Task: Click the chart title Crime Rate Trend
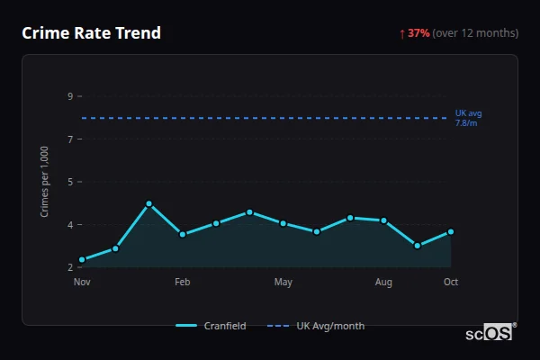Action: click(x=91, y=33)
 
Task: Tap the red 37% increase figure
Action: click(x=418, y=33)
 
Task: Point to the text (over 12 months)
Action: click(x=475, y=33)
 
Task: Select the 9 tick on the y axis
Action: click(x=69, y=96)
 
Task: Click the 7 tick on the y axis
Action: click(x=69, y=139)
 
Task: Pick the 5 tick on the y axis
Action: click(x=69, y=182)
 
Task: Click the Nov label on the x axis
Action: click(x=82, y=283)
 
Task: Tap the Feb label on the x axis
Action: click(x=183, y=283)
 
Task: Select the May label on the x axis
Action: click(x=283, y=283)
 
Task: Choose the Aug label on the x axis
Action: click(x=384, y=283)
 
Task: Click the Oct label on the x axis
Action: click(x=451, y=283)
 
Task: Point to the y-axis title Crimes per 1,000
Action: click(x=45, y=182)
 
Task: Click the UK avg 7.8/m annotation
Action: click(x=468, y=118)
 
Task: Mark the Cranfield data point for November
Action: click(x=82, y=260)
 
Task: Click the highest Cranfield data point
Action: click(x=149, y=204)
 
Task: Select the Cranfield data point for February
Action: click(x=183, y=234)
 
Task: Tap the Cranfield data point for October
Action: click(x=451, y=231)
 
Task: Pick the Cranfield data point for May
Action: click(x=283, y=223)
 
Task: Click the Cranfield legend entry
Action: click(x=211, y=326)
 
